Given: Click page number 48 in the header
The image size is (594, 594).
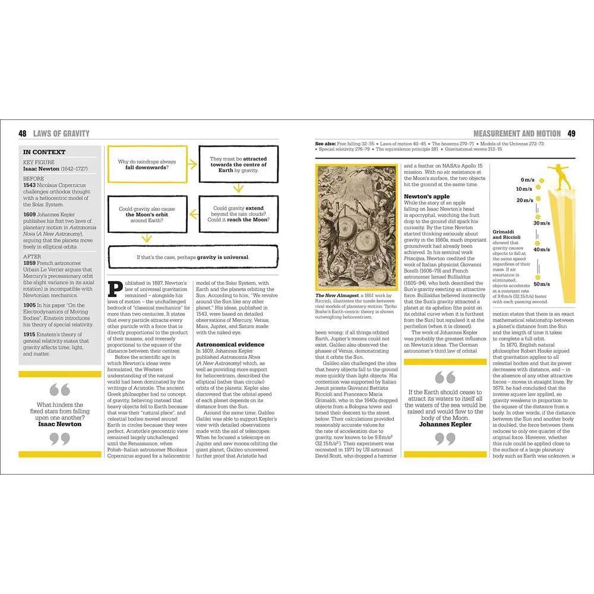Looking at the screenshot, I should pos(23,134).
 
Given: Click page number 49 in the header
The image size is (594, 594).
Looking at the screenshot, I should pos(571,134).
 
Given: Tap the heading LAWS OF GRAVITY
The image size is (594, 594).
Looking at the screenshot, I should pos(61,134).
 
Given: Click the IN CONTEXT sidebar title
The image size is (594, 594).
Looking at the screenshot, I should pos(45,152).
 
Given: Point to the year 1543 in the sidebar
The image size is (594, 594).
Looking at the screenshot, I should pos(29,185).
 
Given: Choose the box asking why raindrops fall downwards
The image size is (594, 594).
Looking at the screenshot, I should pos(147,165).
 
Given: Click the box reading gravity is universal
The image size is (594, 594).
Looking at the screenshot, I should pos(192,257).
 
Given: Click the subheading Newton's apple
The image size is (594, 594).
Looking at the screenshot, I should pos(426,196).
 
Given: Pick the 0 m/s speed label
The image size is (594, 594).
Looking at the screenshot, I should pos(527,179).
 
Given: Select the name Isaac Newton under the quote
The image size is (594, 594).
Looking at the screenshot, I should pos(59,424).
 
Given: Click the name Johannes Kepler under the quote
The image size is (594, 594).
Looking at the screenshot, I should pos(445,425).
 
